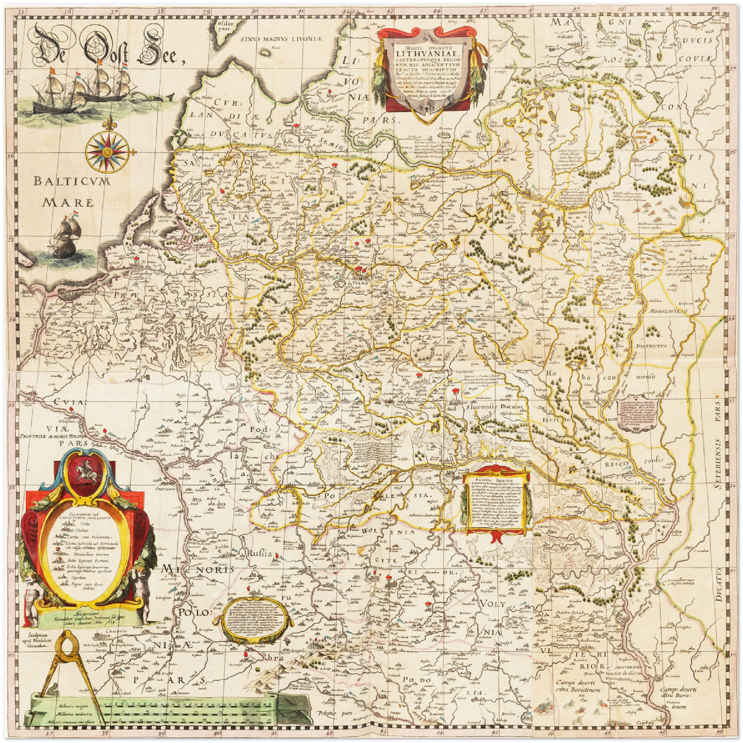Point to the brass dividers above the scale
(67, 661)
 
